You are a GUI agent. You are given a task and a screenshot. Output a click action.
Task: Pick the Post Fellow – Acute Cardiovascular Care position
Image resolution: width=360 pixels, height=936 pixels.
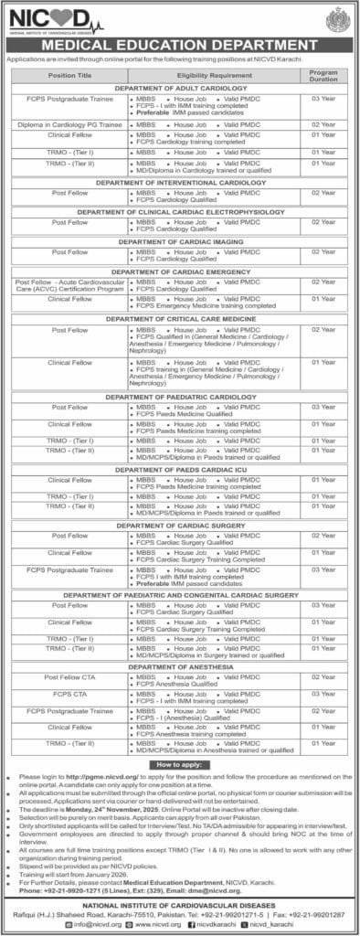coord(63,285)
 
